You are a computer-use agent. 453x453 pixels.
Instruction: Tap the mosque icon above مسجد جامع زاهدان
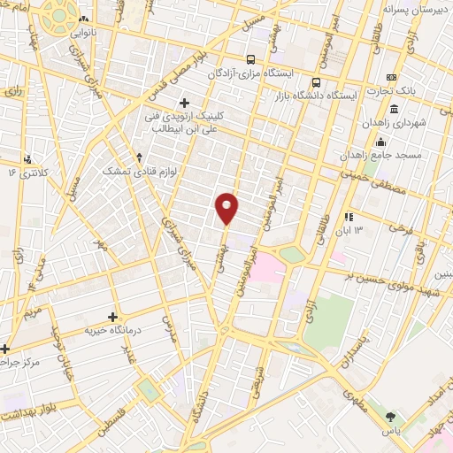click(380, 142)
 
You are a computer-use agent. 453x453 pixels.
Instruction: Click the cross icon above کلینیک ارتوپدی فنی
click(184, 103)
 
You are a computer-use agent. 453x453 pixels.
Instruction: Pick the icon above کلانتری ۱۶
click(29, 160)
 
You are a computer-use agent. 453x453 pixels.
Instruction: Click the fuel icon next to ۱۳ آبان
click(349, 216)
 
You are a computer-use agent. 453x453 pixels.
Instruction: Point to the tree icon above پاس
click(391, 415)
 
